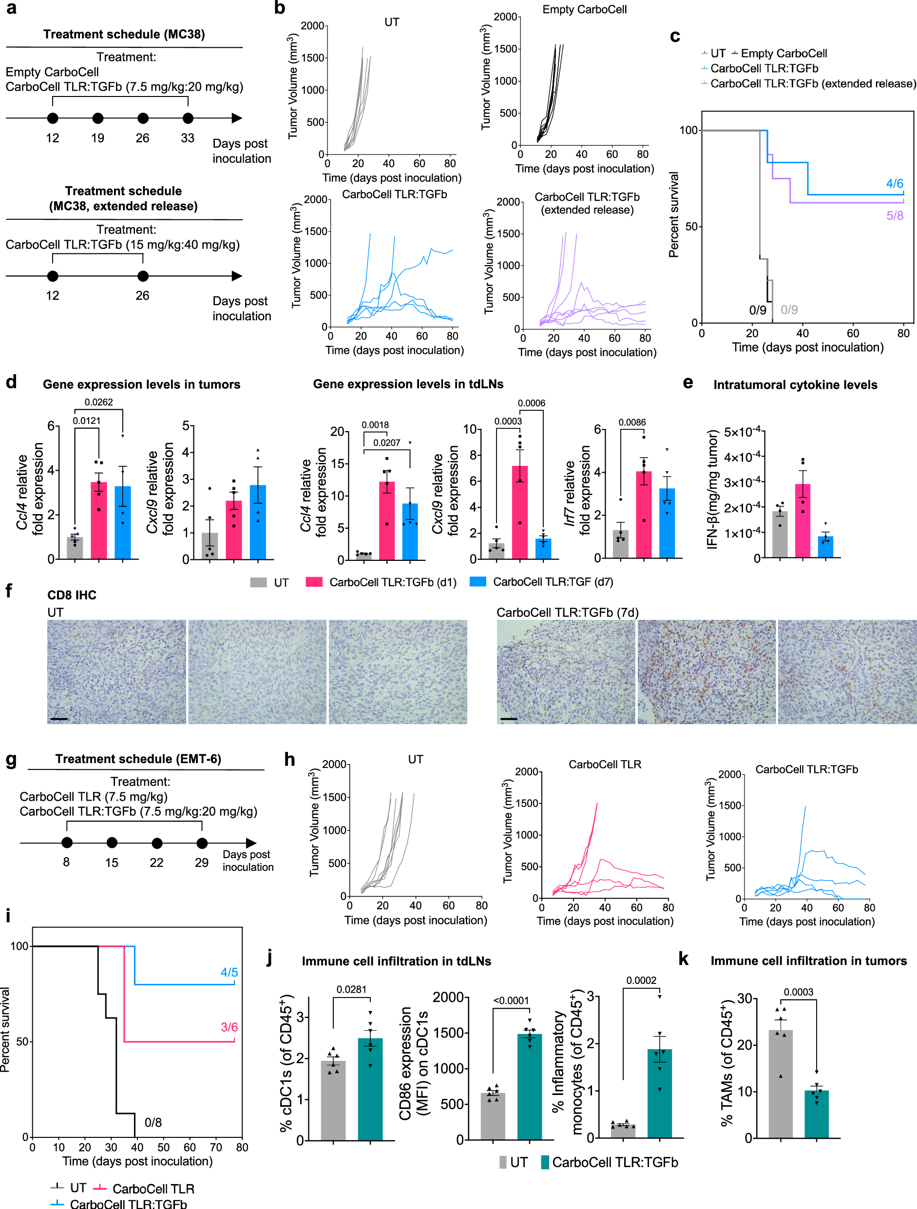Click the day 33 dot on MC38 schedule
(x=188, y=118)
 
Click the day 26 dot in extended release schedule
(x=143, y=276)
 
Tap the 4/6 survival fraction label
(x=894, y=184)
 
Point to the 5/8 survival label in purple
(x=894, y=215)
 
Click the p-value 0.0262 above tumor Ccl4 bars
(x=98, y=403)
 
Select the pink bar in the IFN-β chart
(x=802, y=520)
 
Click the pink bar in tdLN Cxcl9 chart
(x=520, y=512)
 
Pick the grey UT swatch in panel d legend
(x=259, y=582)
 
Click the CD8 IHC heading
(x=72, y=595)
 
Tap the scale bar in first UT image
(x=59, y=719)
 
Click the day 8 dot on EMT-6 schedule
(x=67, y=843)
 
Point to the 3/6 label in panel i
(x=229, y=1027)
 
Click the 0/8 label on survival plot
(x=153, y=1122)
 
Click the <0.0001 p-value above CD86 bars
(x=511, y=1001)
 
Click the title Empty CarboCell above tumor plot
(x=584, y=10)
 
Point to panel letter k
(x=683, y=958)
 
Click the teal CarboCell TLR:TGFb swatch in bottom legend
(x=545, y=1163)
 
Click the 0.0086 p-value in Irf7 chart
(x=632, y=422)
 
